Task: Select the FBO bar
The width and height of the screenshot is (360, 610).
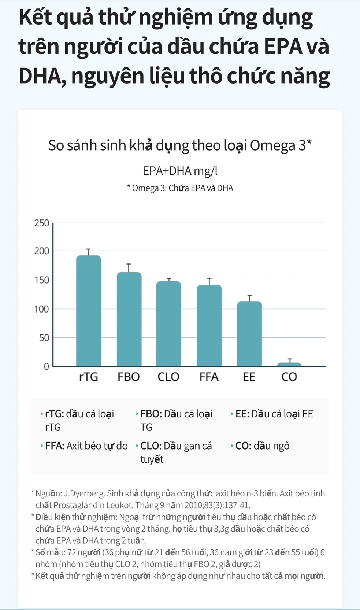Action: click(x=129, y=319)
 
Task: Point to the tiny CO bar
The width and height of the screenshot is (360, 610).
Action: click(x=289, y=364)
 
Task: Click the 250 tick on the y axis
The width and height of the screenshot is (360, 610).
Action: click(x=41, y=223)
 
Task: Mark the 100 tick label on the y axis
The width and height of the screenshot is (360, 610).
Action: click(x=41, y=309)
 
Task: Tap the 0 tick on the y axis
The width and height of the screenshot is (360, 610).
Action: click(x=46, y=366)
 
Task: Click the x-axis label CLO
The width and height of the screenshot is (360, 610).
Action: click(x=168, y=377)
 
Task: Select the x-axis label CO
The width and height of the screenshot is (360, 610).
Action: click(x=289, y=377)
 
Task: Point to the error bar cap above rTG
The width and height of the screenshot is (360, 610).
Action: click(x=88, y=249)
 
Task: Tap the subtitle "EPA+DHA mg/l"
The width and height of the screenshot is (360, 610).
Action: click(x=180, y=171)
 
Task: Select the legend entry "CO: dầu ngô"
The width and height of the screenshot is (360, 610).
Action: click(x=262, y=446)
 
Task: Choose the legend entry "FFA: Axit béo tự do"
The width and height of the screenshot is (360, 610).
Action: click(x=86, y=446)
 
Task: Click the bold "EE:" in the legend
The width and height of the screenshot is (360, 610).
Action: click(x=242, y=414)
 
